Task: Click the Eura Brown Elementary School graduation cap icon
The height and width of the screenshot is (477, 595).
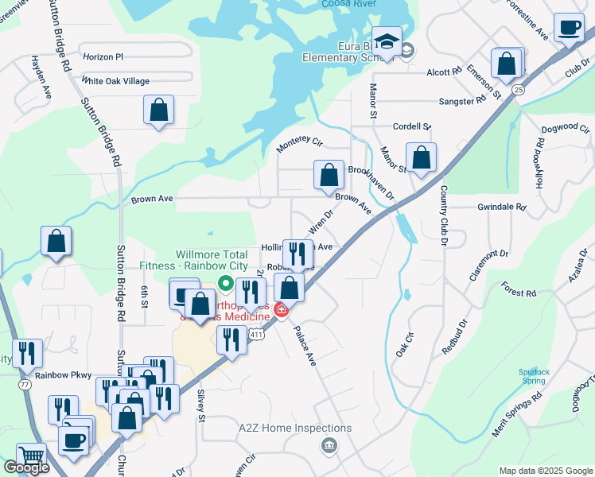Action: (387, 41)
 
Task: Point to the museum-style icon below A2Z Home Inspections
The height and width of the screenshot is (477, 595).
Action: (327, 446)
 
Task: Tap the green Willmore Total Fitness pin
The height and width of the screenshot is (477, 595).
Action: (225, 281)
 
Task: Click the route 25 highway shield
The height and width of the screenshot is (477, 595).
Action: (519, 89)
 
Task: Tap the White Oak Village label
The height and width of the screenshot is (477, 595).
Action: (115, 81)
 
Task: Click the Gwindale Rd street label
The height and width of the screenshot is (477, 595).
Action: (501, 207)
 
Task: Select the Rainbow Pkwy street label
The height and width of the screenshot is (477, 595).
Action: (64, 375)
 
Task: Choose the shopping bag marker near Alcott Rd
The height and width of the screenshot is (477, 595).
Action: (507, 64)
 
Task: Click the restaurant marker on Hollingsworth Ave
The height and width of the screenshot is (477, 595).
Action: (297, 254)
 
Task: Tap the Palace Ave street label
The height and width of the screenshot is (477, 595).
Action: (305, 346)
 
